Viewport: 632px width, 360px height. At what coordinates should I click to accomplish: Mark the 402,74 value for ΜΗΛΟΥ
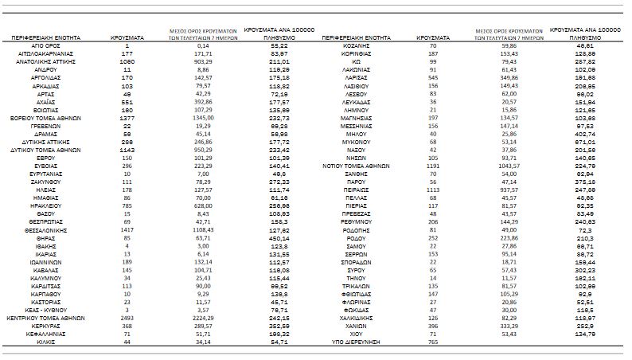585,132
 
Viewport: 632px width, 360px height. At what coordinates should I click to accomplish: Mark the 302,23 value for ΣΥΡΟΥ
585,271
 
